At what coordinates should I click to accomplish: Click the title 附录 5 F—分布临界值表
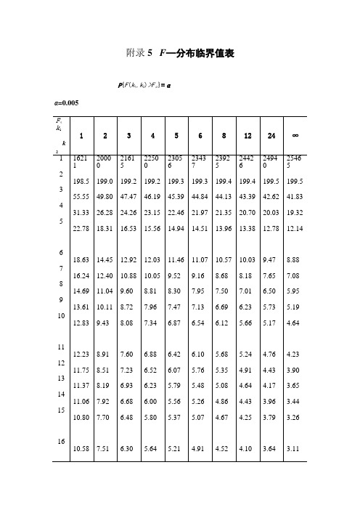(179, 54)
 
